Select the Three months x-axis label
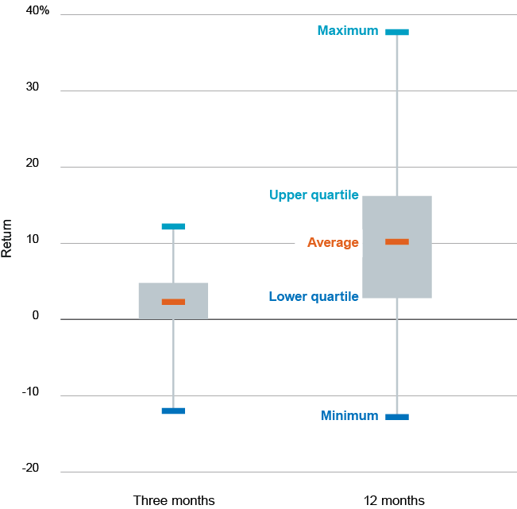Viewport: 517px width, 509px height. pos(173,500)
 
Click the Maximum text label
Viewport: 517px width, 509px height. pos(348,31)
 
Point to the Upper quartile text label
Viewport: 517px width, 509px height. pos(314,195)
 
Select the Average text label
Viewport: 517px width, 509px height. pos(333,242)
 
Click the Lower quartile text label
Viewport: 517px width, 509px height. pos(314,297)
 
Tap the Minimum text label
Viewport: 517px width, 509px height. pos(349,415)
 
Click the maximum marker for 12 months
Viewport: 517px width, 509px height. pos(397,32)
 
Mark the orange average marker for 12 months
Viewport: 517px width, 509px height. pos(397,241)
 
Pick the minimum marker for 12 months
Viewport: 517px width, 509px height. pos(397,417)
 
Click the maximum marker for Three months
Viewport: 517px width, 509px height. pos(173,226)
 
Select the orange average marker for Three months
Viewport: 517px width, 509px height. pos(173,302)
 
